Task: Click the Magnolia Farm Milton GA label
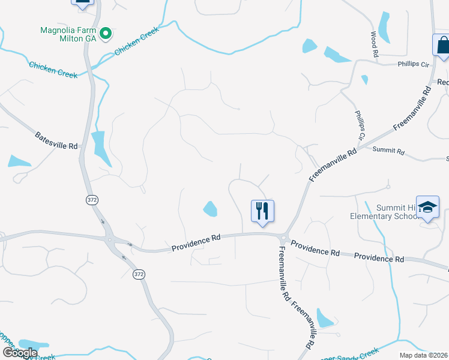tap(67, 34)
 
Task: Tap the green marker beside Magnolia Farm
tap(106, 34)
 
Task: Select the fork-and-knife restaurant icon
tap(262, 211)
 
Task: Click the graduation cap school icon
tap(427, 208)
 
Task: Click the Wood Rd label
tap(375, 45)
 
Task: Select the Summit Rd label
tap(388, 149)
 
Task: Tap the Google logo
tap(20, 353)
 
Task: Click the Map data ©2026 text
tap(424, 355)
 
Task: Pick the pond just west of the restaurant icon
tap(210, 209)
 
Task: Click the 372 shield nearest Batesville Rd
tap(91, 200)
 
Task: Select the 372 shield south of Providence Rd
tap(139, 274)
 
